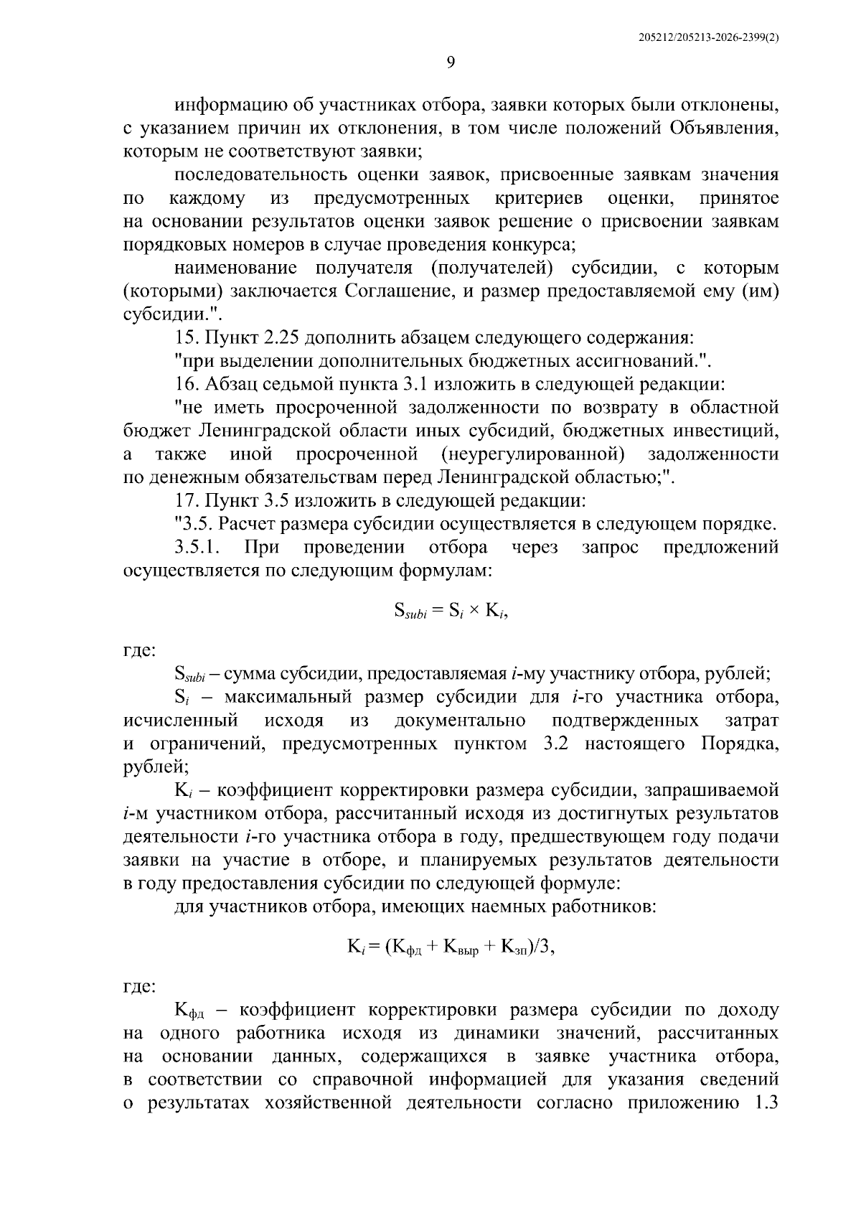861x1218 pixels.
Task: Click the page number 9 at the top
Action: [450, 62]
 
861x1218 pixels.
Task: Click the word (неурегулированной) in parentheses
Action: [533, 454]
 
